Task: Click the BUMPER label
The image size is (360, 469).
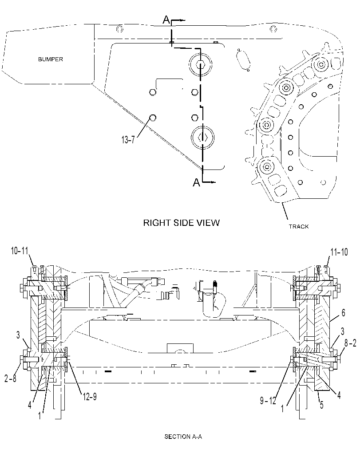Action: coord(51,59)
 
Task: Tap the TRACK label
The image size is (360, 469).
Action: coord(299,226)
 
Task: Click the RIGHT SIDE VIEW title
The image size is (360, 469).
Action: coord(182,223)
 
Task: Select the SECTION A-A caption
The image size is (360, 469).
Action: coord(183,437)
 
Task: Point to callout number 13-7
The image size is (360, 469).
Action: coord(128,139)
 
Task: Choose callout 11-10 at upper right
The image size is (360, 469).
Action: coord(339,252)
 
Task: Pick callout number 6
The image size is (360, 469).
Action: coord(343,312)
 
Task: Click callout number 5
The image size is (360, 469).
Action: coord(322,405)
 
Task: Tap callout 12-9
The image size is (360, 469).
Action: coord(90,397)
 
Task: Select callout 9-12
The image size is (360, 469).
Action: coord(268,400)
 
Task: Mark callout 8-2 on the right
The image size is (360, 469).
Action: coord(350,343)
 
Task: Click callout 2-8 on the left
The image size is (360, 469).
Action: coord(10,378)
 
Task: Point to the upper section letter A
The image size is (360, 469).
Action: coord(166,20)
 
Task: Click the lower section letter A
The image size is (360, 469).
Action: coord(196,182)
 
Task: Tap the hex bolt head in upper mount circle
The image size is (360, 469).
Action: coord(200,64)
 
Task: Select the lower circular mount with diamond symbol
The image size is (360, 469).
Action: coord(202,137)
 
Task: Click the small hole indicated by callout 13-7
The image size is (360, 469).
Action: coord(152,118)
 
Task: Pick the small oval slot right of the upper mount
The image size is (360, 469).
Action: coord(243,60)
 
